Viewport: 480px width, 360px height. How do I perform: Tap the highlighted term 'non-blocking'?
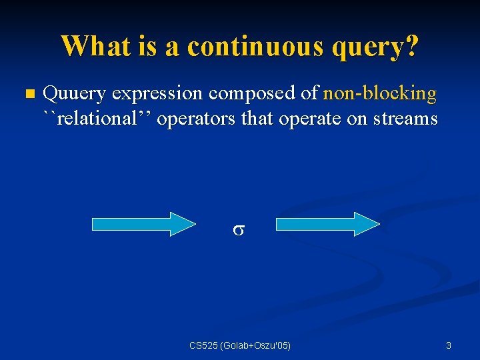(x=379, y=94)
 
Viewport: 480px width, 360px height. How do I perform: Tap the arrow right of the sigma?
(x=327, y=224)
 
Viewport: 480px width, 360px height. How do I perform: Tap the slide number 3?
(x=448, y=345)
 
